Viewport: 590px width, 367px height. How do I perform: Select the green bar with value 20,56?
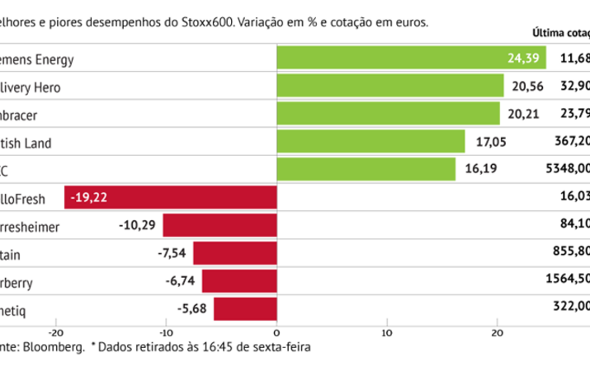pyautogui.click(x=390, y=86)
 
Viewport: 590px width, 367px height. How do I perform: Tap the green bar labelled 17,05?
pyautogui.click(x=371, y=142)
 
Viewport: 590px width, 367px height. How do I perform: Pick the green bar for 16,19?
pyautogui.click(x=366, y=169)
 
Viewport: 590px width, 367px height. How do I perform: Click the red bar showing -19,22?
pyautogui.click(x=171, y=197)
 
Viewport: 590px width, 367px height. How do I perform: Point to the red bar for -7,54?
pyautogui.click(x=235, y=252)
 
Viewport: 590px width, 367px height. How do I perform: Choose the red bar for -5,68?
pyautogui.click(x=245, y=308)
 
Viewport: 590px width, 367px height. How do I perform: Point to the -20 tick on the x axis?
pyautogui.click(x=57, y=332)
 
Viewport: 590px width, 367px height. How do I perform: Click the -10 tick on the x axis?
pyautogui.click(x=166, y=332)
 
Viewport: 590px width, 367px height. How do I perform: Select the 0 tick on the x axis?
pyautogui.click(x=277, y=332)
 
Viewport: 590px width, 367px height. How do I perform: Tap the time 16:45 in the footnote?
pyautogui.click(x=209, y=348)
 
